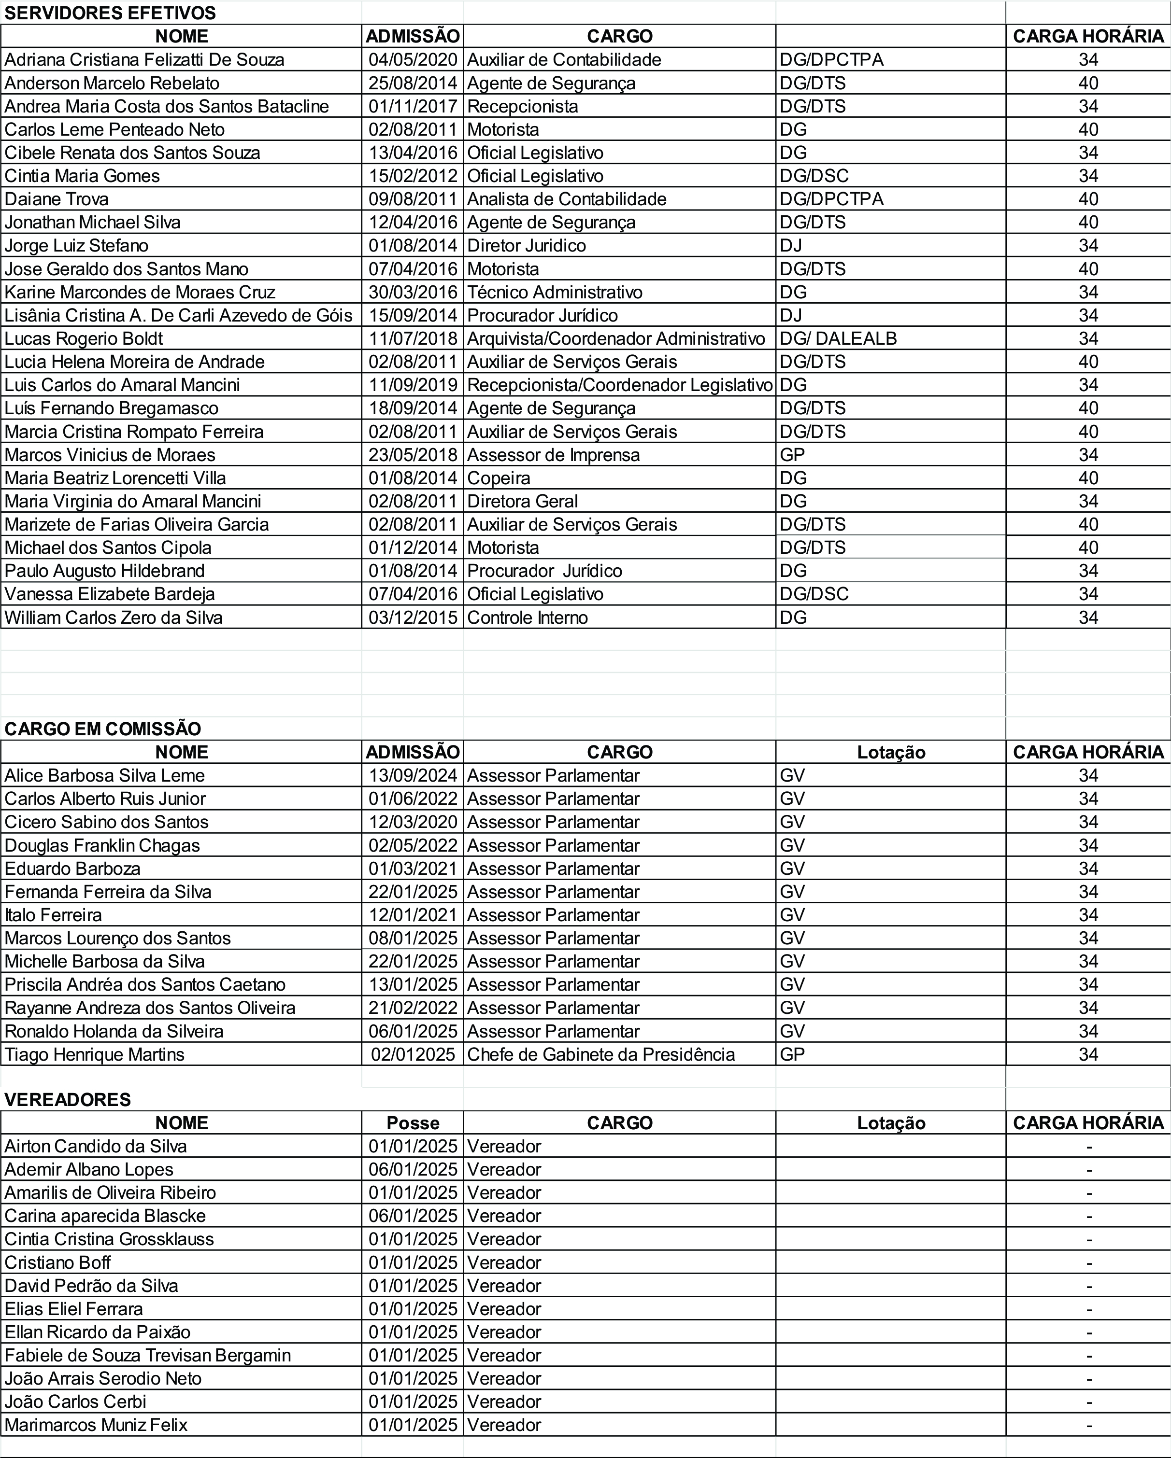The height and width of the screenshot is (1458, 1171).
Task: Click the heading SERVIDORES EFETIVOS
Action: tap(110, 13)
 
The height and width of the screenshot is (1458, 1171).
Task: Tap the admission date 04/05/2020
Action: tap(413, 59)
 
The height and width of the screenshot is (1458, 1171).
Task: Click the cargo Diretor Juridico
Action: tap(526, 245)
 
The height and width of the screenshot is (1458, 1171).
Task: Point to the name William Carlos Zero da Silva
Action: tap(113, 617)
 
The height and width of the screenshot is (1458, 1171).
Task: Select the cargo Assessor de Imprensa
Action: tap(553, 454)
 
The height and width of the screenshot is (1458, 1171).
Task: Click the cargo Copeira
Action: tap(499, 478)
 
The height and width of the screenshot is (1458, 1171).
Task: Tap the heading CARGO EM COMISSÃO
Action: tap(103, 729)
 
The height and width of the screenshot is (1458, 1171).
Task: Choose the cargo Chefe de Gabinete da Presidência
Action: tap(601, 1054)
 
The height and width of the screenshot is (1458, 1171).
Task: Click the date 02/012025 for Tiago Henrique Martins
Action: tap(413, 1054)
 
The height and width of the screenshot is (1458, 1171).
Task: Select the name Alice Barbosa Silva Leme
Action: tap(104, 775)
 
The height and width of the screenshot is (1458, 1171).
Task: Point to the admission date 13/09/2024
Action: tap(413, 775)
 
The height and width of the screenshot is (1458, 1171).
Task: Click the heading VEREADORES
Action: tap(68, 1100)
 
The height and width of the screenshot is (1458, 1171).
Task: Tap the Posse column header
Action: tap(413, 1123)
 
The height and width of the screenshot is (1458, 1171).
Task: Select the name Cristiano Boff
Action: tap(57, 1262)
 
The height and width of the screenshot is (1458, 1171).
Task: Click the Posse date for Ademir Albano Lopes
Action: tap(413, 1169)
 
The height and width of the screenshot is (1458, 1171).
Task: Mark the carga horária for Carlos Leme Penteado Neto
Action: tap(1088, 129)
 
